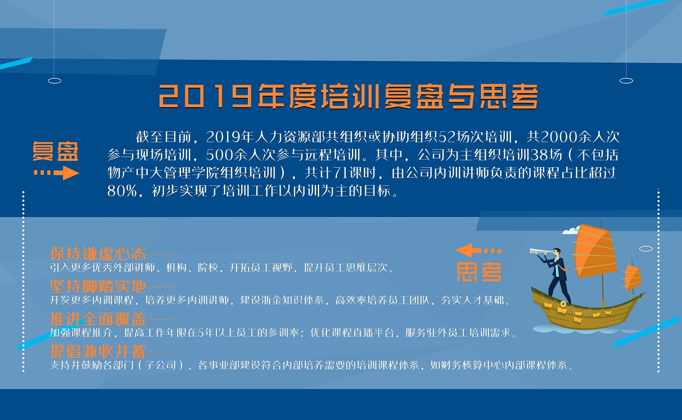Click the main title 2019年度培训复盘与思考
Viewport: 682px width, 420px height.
click(x=348, y=96)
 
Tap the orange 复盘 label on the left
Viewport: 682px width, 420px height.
click(x=56, y=151)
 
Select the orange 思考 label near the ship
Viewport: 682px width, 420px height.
click(x=479, y=272)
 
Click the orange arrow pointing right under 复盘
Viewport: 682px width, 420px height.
click(x=56, y=173)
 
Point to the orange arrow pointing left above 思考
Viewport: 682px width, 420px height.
click(x=478, y=251)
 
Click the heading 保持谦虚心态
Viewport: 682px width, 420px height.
click(x=98, y=254)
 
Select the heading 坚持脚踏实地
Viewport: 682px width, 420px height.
click(x=98, y=286)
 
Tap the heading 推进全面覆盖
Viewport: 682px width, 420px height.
click(x=98, y=319)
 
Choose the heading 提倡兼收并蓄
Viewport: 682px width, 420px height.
click(x=98, y=351)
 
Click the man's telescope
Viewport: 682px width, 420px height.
click(x=541, y=252)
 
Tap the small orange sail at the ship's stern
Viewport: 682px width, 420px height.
click(x=632, y=277)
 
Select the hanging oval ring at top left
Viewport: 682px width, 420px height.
click(x=55, y=81)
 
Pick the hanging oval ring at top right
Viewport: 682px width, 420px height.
click(x=626, y=81)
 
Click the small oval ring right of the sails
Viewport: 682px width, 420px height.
click(x=646, y=248)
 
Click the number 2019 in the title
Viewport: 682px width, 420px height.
click(x=205, y=96)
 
